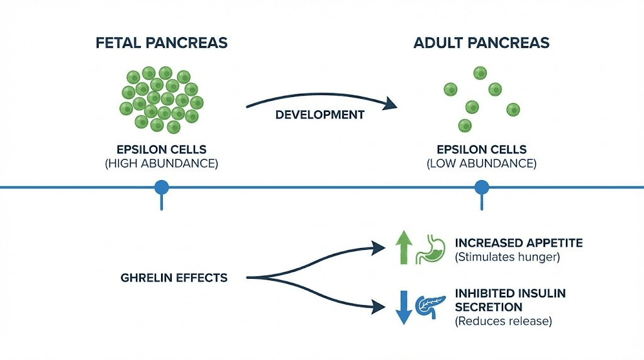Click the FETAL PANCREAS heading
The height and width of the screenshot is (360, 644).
161,43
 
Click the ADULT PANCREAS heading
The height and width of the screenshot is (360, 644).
481,43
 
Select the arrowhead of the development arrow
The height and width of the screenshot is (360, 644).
392,104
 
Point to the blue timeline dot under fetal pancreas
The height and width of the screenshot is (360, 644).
162,188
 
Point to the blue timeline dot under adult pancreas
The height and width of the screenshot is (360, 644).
482,188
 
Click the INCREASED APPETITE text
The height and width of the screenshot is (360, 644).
510,242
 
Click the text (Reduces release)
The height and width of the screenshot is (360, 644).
502,322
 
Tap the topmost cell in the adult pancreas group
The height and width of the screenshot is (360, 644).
480,73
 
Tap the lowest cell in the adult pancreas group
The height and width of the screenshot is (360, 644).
465,125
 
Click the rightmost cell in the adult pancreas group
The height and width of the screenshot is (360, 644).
513,110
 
